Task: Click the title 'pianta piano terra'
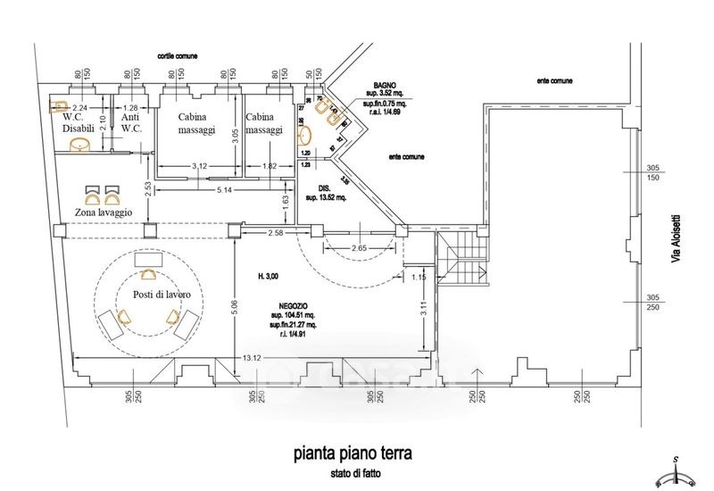click(x=353, y=453)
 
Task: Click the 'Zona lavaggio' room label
click(x=104, y=212)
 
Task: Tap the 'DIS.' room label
click(x=326, y=188)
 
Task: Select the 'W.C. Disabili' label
click(x=78, y=122)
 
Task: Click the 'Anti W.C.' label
click(x=132, y=122)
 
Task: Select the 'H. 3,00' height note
click(x=268, y=277)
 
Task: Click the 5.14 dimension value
click(x=225, y=191)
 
